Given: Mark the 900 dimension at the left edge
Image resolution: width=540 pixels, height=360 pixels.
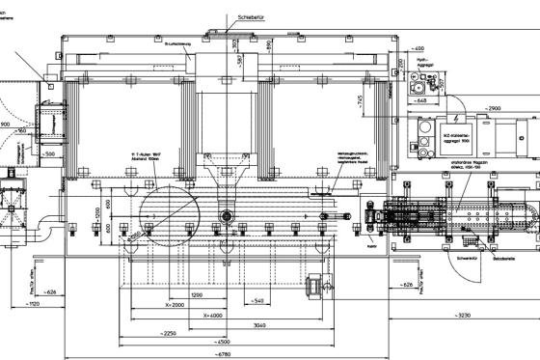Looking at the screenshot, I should click(6, 125).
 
